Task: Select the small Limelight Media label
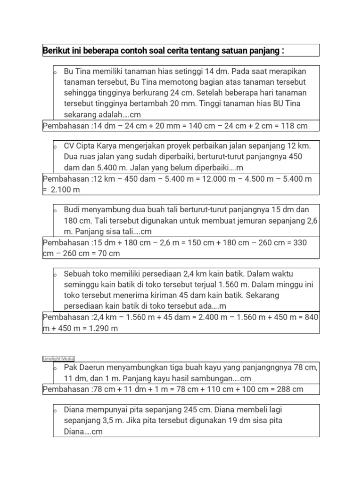58,359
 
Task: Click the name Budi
72,209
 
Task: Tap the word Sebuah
77,273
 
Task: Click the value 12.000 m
216,179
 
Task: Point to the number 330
300,242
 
